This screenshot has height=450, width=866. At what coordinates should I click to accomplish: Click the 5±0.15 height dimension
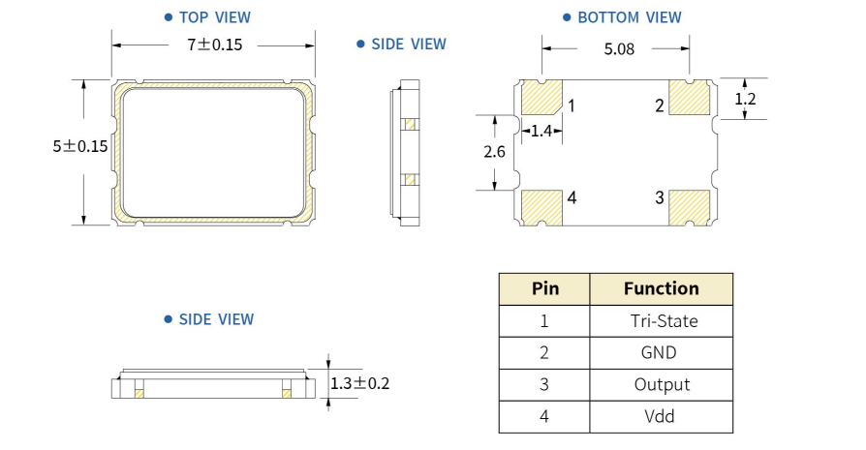pos(80,146)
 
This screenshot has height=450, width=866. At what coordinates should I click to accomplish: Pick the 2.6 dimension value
pos(494,151)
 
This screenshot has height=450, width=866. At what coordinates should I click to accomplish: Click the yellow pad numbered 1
pos(542,98)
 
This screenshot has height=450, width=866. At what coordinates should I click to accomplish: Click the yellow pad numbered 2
pos(689,98)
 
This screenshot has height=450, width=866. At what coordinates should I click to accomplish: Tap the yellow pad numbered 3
pos(689,205)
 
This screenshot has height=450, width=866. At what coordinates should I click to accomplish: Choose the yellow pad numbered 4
pos(542,205)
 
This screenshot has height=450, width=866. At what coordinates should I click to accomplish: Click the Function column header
pos(662,288)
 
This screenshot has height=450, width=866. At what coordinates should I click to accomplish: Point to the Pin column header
pos(544,288)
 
